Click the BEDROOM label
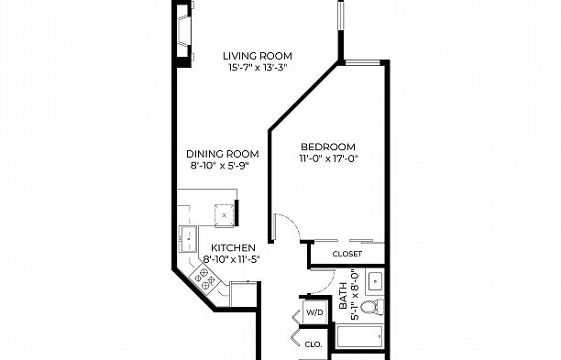327,147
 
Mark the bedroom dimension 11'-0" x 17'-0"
327,158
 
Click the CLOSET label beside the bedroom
347,254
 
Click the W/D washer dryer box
314,312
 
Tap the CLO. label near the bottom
313,344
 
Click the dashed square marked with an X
223,213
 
